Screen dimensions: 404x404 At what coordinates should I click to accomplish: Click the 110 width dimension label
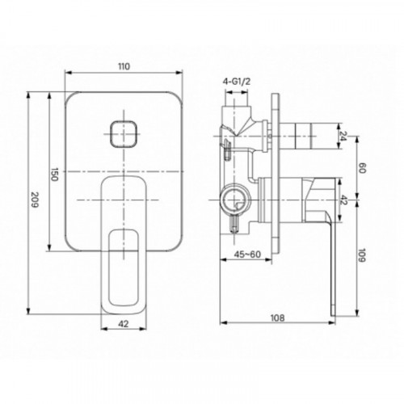point(124,66)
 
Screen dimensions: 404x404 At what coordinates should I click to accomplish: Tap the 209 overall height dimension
point(35,200)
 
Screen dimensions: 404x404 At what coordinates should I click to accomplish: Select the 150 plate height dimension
point(54,175)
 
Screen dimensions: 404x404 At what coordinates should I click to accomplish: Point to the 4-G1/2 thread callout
point(237,82)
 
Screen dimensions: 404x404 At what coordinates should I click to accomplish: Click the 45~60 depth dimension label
point(247,255)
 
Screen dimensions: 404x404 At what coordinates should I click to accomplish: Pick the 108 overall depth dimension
point(277,318)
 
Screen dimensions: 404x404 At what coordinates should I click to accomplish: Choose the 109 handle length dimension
point(362,255)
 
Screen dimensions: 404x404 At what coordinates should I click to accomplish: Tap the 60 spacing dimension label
point(362,168)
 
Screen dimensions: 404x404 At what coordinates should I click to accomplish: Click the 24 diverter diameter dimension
point(343,136)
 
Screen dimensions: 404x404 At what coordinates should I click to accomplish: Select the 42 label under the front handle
point(124,324)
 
